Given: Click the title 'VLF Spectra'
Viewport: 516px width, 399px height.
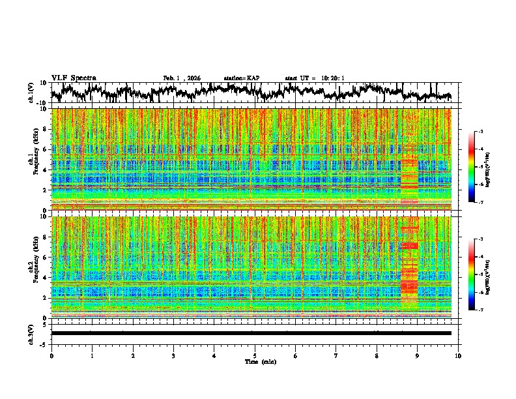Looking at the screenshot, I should (74, 78).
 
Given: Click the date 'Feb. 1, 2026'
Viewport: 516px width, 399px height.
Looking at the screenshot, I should (182, 78).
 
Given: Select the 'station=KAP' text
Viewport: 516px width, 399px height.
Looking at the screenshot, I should (241, 78).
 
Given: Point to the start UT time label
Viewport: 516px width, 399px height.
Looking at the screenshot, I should (315, 78).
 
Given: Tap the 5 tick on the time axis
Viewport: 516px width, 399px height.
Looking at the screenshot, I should (255, 355).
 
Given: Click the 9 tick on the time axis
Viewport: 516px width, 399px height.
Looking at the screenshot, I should (418, 355).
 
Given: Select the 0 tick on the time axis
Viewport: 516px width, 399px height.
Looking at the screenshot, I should (51, 355).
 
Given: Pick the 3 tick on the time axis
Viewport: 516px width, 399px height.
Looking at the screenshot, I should (173, 355).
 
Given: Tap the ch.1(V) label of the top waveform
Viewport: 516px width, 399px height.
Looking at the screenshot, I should (32, 93).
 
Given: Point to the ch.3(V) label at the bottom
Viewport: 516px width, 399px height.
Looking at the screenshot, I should (32, 333).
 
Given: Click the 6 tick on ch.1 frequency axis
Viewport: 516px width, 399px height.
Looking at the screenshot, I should (46, 149).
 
